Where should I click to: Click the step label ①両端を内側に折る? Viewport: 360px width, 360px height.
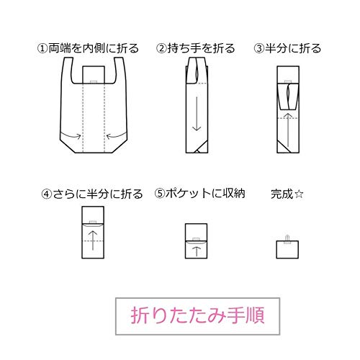(x=88, y=48)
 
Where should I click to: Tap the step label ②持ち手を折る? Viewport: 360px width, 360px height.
(x=195, y=48)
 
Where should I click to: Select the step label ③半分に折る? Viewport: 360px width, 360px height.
(x=287, y=48)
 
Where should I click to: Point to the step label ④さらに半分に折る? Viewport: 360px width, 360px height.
(x=92, y=194)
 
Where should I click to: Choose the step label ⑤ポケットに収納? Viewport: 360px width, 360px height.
(x=199, y=194)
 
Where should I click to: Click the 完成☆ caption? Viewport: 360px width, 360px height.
(x=287, y=194)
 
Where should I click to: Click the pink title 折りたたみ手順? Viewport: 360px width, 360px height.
(x=197, y=315)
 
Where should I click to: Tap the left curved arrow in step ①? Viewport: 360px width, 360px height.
(x=71, y=136)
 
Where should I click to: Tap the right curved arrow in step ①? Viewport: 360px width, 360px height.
(x=116, y=136)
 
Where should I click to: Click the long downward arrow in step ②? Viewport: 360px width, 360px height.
(x=197, y=114)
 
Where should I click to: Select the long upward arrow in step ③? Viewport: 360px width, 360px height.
(x=288, y=130)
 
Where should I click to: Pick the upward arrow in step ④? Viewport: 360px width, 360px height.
(x=93, y=240)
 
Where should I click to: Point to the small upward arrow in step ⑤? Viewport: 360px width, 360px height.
(x=197, y=251)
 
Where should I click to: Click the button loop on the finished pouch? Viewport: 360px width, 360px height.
(x=287, y=239)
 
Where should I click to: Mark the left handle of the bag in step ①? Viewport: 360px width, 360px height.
(x=68, y=71)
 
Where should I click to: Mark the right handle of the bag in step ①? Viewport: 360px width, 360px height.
(x=120, y=71)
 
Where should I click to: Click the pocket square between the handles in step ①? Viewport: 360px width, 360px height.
(x=94, y=75)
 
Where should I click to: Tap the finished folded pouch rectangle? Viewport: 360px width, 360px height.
(x=287, y=250)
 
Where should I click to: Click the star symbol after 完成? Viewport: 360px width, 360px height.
(x=299, y=194)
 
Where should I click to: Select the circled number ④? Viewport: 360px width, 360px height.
(x=47, y=194)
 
